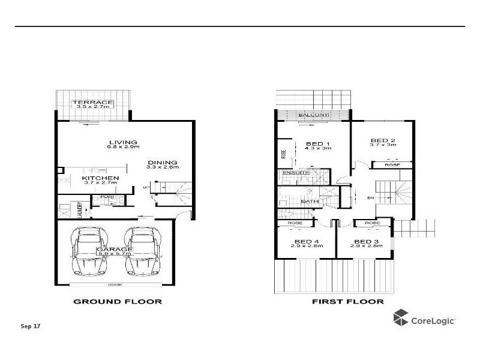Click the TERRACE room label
pos(93,103)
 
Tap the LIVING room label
pos(122,142)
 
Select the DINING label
pos(163,162)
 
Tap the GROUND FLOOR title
pos(117,301)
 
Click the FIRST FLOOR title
pos(348,301)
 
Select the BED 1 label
pos(317,143)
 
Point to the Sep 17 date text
pos(30,326)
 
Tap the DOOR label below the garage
pos(114,284)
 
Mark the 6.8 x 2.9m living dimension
pos(123,148)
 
